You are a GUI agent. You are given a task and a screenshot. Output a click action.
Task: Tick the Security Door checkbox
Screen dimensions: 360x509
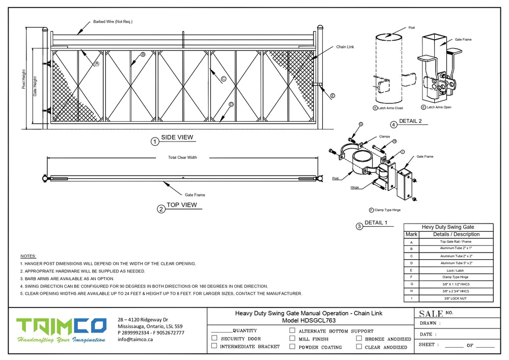point(214,338)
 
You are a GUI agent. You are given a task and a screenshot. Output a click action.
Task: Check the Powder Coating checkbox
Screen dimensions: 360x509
point(292,347)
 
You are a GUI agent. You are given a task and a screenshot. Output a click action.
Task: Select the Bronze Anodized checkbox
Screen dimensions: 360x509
point(359,339)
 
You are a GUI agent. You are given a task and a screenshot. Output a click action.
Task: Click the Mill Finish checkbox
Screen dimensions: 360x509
point(292,339)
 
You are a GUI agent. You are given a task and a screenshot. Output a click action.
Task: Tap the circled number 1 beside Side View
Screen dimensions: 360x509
point(155,142)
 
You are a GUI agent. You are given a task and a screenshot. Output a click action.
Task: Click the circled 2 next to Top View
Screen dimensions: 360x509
point(161,209)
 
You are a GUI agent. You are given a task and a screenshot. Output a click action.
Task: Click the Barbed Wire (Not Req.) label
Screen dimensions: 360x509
point(112,22)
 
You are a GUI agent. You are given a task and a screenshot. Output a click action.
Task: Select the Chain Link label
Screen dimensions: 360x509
point(345,47)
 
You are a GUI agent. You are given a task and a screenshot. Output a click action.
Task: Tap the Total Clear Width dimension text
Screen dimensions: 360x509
point(182,157)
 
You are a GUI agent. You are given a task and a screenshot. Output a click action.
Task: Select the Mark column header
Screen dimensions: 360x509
point(411,234)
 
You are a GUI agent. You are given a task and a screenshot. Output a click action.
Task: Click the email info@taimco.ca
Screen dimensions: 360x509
point(135,339)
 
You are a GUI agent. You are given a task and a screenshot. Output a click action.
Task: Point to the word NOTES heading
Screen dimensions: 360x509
point(28,256)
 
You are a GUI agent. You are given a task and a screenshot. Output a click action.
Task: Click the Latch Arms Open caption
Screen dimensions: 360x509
point(438,107)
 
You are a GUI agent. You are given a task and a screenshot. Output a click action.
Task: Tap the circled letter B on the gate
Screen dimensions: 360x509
point(143,54)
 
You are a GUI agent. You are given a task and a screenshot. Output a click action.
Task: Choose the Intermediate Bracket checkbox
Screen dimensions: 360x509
point(214,346)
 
